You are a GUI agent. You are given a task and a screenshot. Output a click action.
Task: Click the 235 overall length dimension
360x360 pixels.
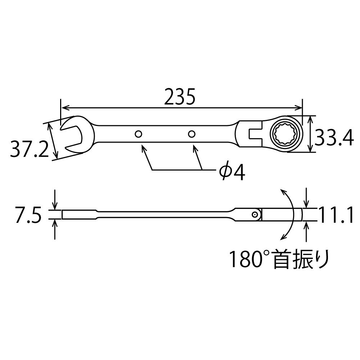click(x=180, y=96)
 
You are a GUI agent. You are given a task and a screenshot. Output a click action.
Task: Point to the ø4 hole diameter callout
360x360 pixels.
click(x=232, y=173)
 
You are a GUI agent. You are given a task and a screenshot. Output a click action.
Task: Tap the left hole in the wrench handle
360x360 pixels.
click(x=138, y=134)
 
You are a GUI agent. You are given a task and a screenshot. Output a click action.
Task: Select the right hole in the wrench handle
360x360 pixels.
click(x=192, y=134)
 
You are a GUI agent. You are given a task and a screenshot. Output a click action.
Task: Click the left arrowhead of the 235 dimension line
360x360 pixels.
click(x=65, y=107)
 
